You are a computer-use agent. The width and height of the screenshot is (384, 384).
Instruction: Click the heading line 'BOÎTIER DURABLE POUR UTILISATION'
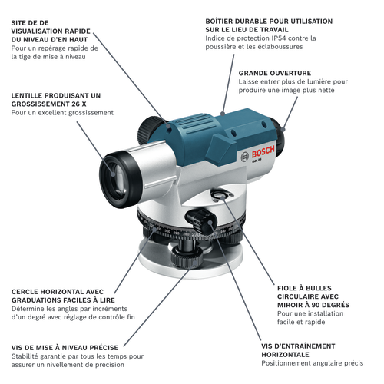[269, 21]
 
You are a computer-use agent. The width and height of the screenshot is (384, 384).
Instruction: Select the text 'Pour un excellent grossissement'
[61, 113]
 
